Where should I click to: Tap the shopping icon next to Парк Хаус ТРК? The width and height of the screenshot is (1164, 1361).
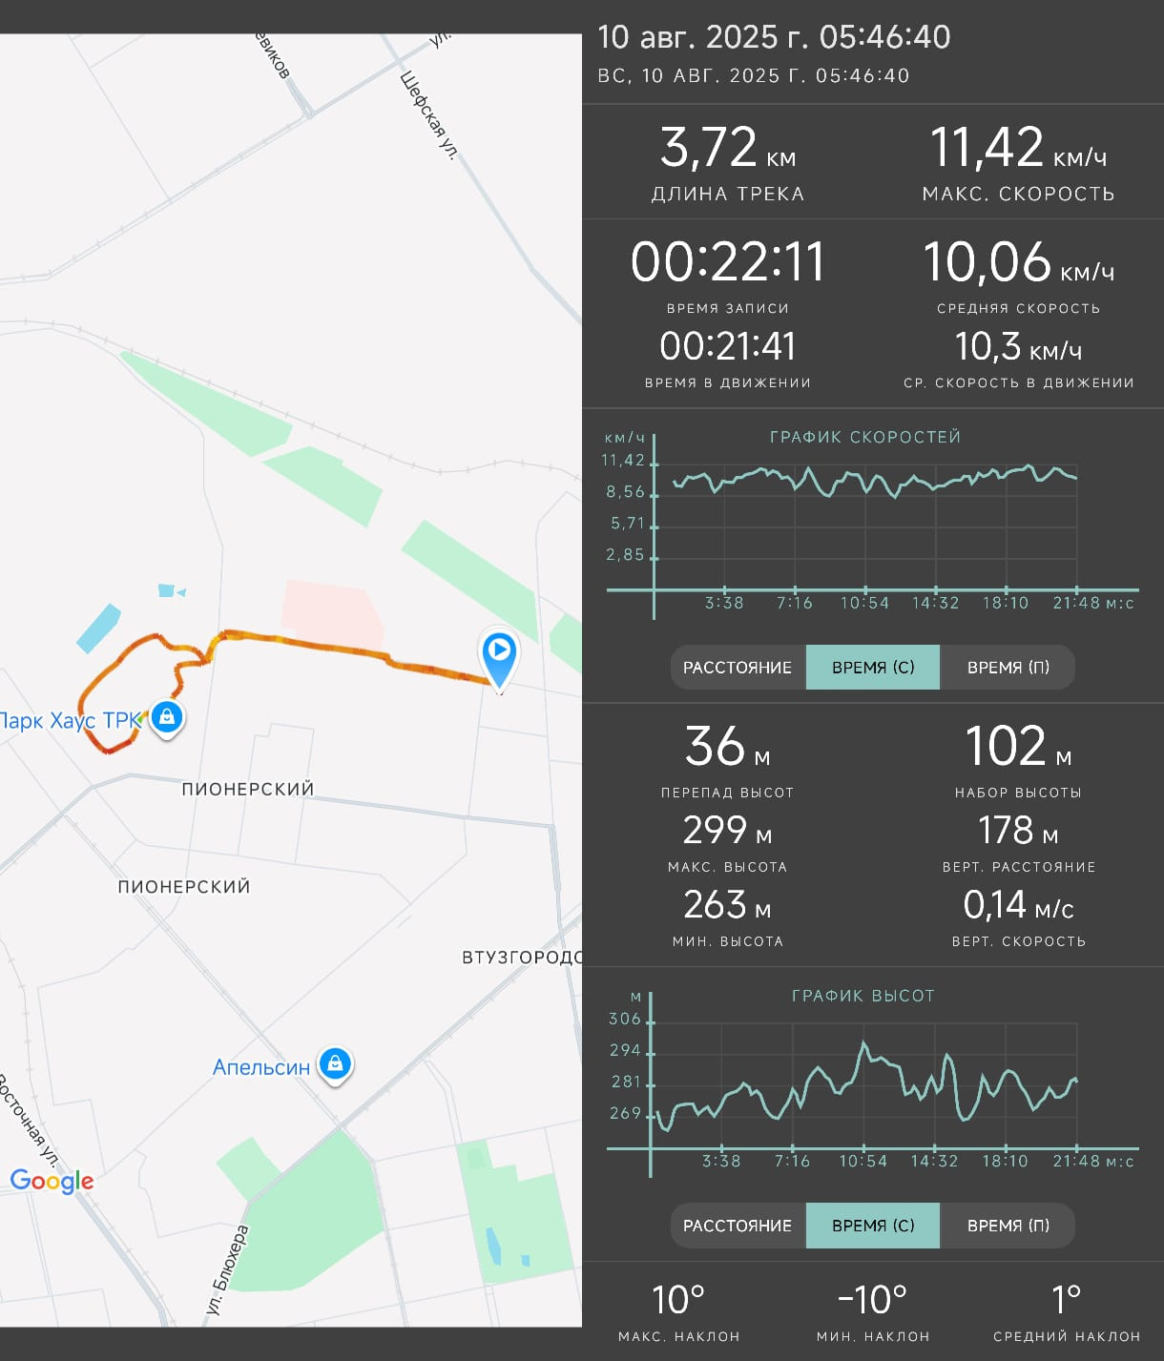pyautogui.click(x=167, y=717)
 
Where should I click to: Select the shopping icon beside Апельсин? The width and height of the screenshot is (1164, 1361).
pyautogui.click(x=335, y=1063)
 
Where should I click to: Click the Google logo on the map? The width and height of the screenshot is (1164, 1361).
pyautogui.click(x=52, y=1182)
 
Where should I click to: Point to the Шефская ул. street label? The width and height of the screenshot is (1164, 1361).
pyautogui.click(x=428, y=115)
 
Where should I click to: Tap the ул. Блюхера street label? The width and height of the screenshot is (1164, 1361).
pyautogui.click(x=227, y=1268)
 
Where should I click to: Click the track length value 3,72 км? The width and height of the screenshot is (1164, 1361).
pyautogui.click(x=727, y=148)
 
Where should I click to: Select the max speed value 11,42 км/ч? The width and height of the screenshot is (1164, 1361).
pyautogui.click(x=1018, y=148)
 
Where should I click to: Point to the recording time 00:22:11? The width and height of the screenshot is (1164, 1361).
pyautogui.click(x=727, y=262)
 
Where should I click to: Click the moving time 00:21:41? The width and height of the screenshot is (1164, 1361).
pyautogui.click(x=727, y=346)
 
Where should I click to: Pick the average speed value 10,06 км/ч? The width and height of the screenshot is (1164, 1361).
pyautogui.click(x=1018, y=262)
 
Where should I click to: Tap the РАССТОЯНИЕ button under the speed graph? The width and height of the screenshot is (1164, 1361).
pyautogui.click(x=738, y=667)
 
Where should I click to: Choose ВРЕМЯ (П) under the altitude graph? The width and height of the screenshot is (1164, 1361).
pyautogui.click(x=1008, y=1226)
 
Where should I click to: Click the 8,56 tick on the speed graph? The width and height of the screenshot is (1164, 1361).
pyautogui.click(x=625, y=492)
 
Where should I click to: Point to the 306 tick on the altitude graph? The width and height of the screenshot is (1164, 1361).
pyautogui.click(x=625, y=1020)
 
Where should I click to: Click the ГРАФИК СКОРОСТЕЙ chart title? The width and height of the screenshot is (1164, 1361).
pyautogui.click(x=865, y=437)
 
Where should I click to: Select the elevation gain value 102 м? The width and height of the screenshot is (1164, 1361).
pyautogui.click(x=1018, y=748)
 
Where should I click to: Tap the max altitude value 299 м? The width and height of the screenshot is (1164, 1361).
pyautogui.click(x=727, y=831)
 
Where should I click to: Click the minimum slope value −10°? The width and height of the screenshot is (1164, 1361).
pyautogui.click(x=872, y=1300)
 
